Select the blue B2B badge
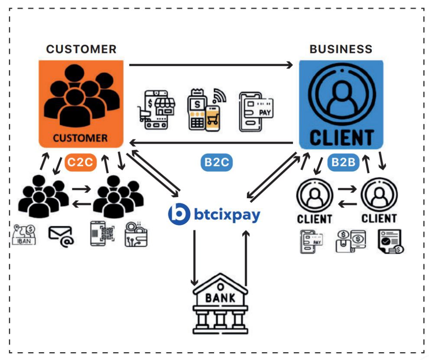(x=344, y=163)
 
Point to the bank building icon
(x=220, y=304)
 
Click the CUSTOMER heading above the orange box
(x=81, y=49)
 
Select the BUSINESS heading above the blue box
(x=341, y=49)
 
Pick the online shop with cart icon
(x=156, y=110)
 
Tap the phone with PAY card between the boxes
(x=256, y=111)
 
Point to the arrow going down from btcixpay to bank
(x=195, y=256)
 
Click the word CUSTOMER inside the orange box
(x=80, y=138)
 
